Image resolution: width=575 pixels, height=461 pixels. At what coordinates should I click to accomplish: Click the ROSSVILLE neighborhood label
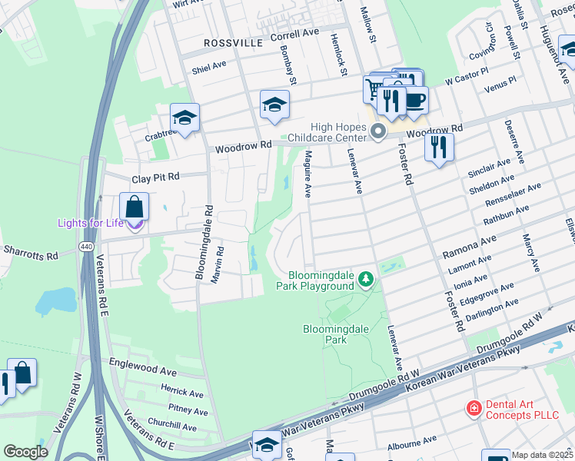233,43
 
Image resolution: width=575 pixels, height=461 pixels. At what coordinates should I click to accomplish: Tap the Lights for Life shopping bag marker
134,208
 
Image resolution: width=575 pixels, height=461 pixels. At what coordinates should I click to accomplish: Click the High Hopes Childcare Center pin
377,132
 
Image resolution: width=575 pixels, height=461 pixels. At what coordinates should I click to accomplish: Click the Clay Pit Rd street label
155,177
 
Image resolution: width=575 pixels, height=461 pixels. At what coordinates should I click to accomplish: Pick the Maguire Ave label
307,174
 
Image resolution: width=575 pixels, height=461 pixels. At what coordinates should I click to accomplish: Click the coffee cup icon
415,100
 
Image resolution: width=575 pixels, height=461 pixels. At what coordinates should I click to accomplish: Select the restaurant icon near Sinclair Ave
439,146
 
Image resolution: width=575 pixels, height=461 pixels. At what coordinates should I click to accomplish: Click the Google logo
25,452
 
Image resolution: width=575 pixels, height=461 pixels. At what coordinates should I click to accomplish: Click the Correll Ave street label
294,34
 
